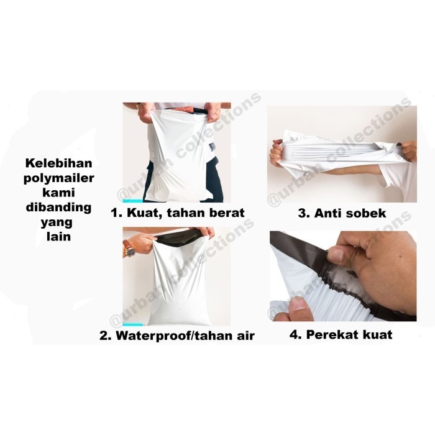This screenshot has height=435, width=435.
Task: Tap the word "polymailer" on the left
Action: (58, 178)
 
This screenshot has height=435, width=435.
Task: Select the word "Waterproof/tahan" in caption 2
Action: (176, 336)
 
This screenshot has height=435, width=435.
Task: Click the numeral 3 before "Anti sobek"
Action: (303, 213)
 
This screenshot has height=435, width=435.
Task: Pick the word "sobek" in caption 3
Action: (367, 213)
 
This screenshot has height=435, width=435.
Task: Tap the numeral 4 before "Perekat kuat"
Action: (295, 335)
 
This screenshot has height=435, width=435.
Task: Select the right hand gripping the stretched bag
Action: (407, 150)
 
